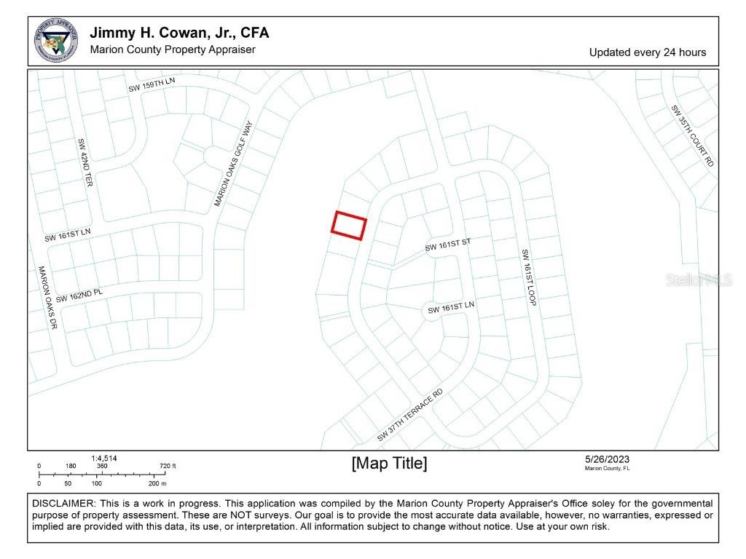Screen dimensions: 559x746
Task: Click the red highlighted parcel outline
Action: click(x=349, y=226)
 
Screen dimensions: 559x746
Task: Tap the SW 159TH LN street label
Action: click(x=152, y=84)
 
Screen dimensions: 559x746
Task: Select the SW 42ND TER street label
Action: click(x=85, y=162)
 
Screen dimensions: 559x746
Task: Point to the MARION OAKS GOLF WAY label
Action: click(x=233, y=164)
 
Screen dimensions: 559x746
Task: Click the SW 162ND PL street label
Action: click(x=79, y=295)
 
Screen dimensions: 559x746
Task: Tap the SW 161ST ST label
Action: click(x=448, y=245)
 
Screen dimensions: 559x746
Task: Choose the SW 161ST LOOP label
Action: click(x=528, y=277)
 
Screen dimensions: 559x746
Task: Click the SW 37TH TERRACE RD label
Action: click(x=409, y=416)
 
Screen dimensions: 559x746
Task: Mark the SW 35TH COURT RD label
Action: click(x=692, y=136)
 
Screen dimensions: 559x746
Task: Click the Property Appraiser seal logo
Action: click(x=56, y=41)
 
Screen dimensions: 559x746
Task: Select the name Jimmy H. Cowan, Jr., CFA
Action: click(x=179, y=33)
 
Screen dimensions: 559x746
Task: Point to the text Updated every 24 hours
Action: click(x=647, y=52)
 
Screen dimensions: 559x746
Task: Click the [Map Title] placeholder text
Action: click(x=389, y=464)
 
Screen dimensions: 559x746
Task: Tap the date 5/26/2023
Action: click(x=607, y=459)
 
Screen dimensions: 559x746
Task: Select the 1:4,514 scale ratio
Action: click(x=103, y=459)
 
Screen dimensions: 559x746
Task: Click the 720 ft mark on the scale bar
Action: click(x=168, y=466)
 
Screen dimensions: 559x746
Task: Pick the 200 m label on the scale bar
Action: click(x=157, y=483)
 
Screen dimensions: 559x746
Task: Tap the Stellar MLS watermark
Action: click(x=698, y=280)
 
